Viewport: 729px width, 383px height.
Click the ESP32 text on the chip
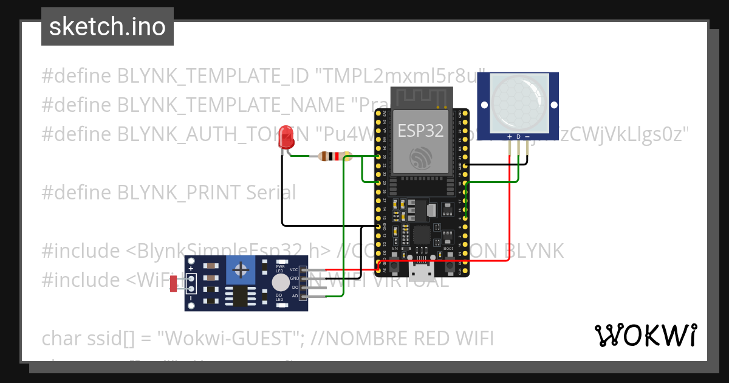pos(420,129)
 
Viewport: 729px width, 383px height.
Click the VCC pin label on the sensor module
pos(294,269)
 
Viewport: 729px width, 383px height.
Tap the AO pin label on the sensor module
pos(295,295)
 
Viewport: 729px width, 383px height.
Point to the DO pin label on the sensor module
pos(295,287)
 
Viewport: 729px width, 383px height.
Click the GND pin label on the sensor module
pos(294,278)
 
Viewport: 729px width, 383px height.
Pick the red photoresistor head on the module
pos(174,283)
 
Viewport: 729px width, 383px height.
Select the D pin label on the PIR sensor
pos(518,137)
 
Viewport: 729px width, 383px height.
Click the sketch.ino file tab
pos(108,27)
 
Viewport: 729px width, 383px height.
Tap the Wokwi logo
pos(645,335)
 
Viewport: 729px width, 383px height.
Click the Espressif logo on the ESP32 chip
pos(420,158)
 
